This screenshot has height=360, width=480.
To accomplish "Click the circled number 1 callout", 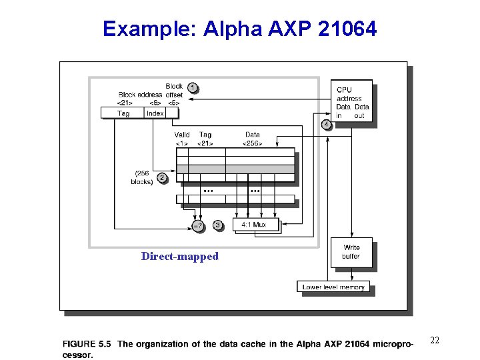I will point(193,87).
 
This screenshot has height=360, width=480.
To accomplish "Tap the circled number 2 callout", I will point(162,178).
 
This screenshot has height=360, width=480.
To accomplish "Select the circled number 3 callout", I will point(218,225).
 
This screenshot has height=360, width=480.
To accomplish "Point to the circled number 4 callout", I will point(326,125).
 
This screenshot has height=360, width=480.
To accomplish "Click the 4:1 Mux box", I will point(254,225).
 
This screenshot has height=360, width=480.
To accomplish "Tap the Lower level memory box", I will point(333,287).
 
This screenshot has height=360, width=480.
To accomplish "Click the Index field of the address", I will point(155,113).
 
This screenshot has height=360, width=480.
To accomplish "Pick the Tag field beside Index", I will point(123,113).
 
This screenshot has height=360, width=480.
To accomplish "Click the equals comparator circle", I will point(198,227).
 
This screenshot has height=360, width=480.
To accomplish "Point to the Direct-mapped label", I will point(179,257).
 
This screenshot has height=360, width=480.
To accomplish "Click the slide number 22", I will point(434,341).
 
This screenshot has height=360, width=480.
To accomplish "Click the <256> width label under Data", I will point(253,143).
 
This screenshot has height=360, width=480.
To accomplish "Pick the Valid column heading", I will point(182,135).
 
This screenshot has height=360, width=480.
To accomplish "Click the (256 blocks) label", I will point(142,177).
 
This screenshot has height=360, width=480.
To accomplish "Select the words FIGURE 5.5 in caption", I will point(87,344).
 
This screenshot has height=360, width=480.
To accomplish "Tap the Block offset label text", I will point(173,90).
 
